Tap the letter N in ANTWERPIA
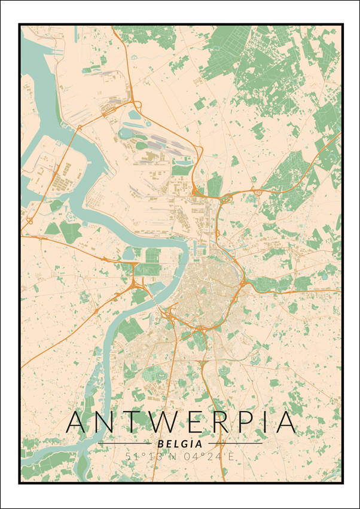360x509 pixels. point(108,422)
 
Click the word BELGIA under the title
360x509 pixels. point(180,444)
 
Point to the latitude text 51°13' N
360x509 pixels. point(151,457)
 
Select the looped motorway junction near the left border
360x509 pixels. point(29,221)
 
